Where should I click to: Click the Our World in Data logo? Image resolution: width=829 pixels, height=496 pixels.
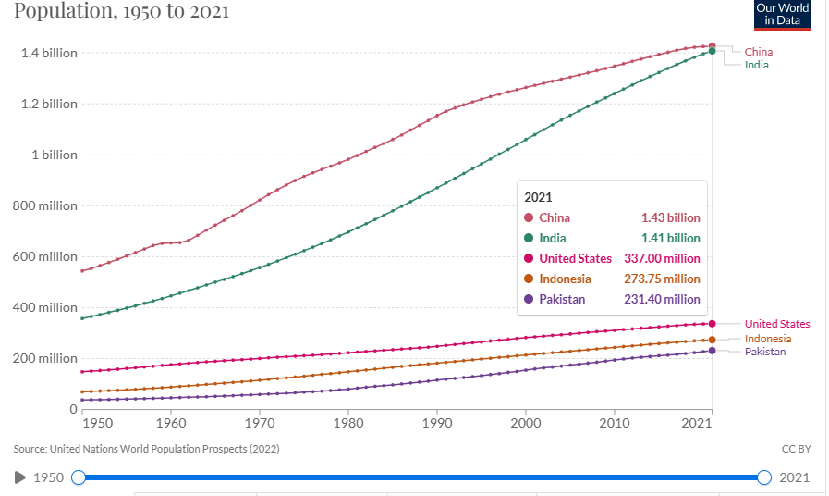coord(783,15)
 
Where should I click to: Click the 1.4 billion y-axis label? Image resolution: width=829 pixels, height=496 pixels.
coord(50,53)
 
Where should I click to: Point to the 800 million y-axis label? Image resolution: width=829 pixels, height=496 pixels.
coord(45,205)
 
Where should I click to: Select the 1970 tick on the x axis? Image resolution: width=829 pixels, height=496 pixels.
coord(259,423)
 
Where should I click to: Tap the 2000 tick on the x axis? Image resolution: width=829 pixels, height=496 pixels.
coord(525,423)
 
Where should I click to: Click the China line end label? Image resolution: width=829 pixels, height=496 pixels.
coord(759,52)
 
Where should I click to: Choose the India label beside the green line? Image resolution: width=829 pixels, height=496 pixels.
coord(757,65)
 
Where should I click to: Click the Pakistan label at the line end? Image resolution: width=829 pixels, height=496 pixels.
coord(765,352)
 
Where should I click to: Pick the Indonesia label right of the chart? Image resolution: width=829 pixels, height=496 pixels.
coord(767,339)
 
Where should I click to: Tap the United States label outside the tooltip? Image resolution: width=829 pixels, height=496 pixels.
coord(777,324)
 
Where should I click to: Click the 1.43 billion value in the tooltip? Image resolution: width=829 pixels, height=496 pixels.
coord(671,217)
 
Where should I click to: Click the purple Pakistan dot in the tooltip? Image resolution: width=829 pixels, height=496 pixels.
coord(530,299)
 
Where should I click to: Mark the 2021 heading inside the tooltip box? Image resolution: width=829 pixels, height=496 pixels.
coord(538,197)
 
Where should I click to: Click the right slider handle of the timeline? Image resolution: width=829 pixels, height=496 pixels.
coord(763,477)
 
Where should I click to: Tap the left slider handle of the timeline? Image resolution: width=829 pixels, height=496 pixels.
coord(79,477)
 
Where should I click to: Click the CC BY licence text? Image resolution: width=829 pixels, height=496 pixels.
coord(796,449)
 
